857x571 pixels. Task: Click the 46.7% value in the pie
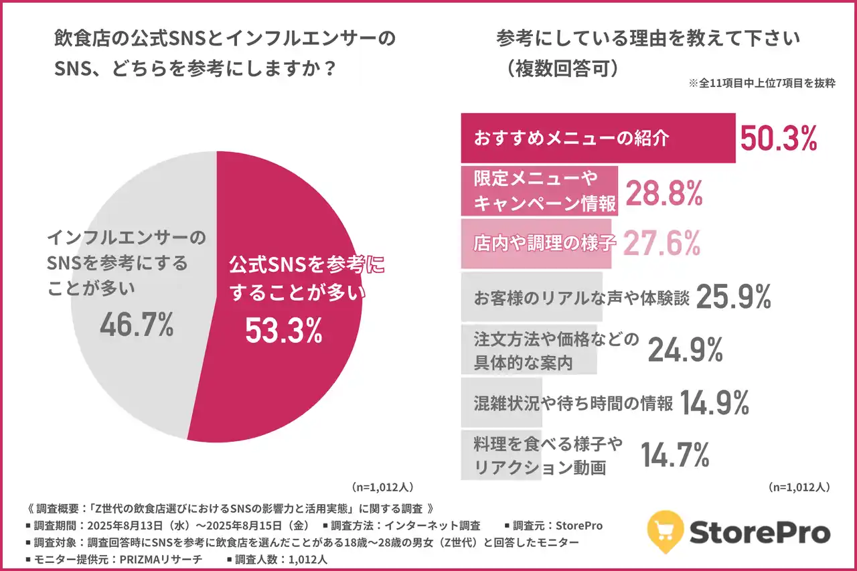pos(137,325)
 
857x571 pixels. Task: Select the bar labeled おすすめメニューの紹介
pos(597,139)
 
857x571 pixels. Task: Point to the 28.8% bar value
pos(664,193)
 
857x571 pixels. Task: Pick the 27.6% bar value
pos(661,242)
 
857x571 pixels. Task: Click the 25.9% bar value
pos(734,297)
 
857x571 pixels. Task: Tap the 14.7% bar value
pos(675,455)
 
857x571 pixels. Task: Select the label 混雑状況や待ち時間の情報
pos(572,403)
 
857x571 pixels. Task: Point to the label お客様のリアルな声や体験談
pos(580,298)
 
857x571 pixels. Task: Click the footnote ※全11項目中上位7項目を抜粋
pos(761,85)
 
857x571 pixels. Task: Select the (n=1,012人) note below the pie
pos(384,487)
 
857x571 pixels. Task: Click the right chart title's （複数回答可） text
pos(562,69)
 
